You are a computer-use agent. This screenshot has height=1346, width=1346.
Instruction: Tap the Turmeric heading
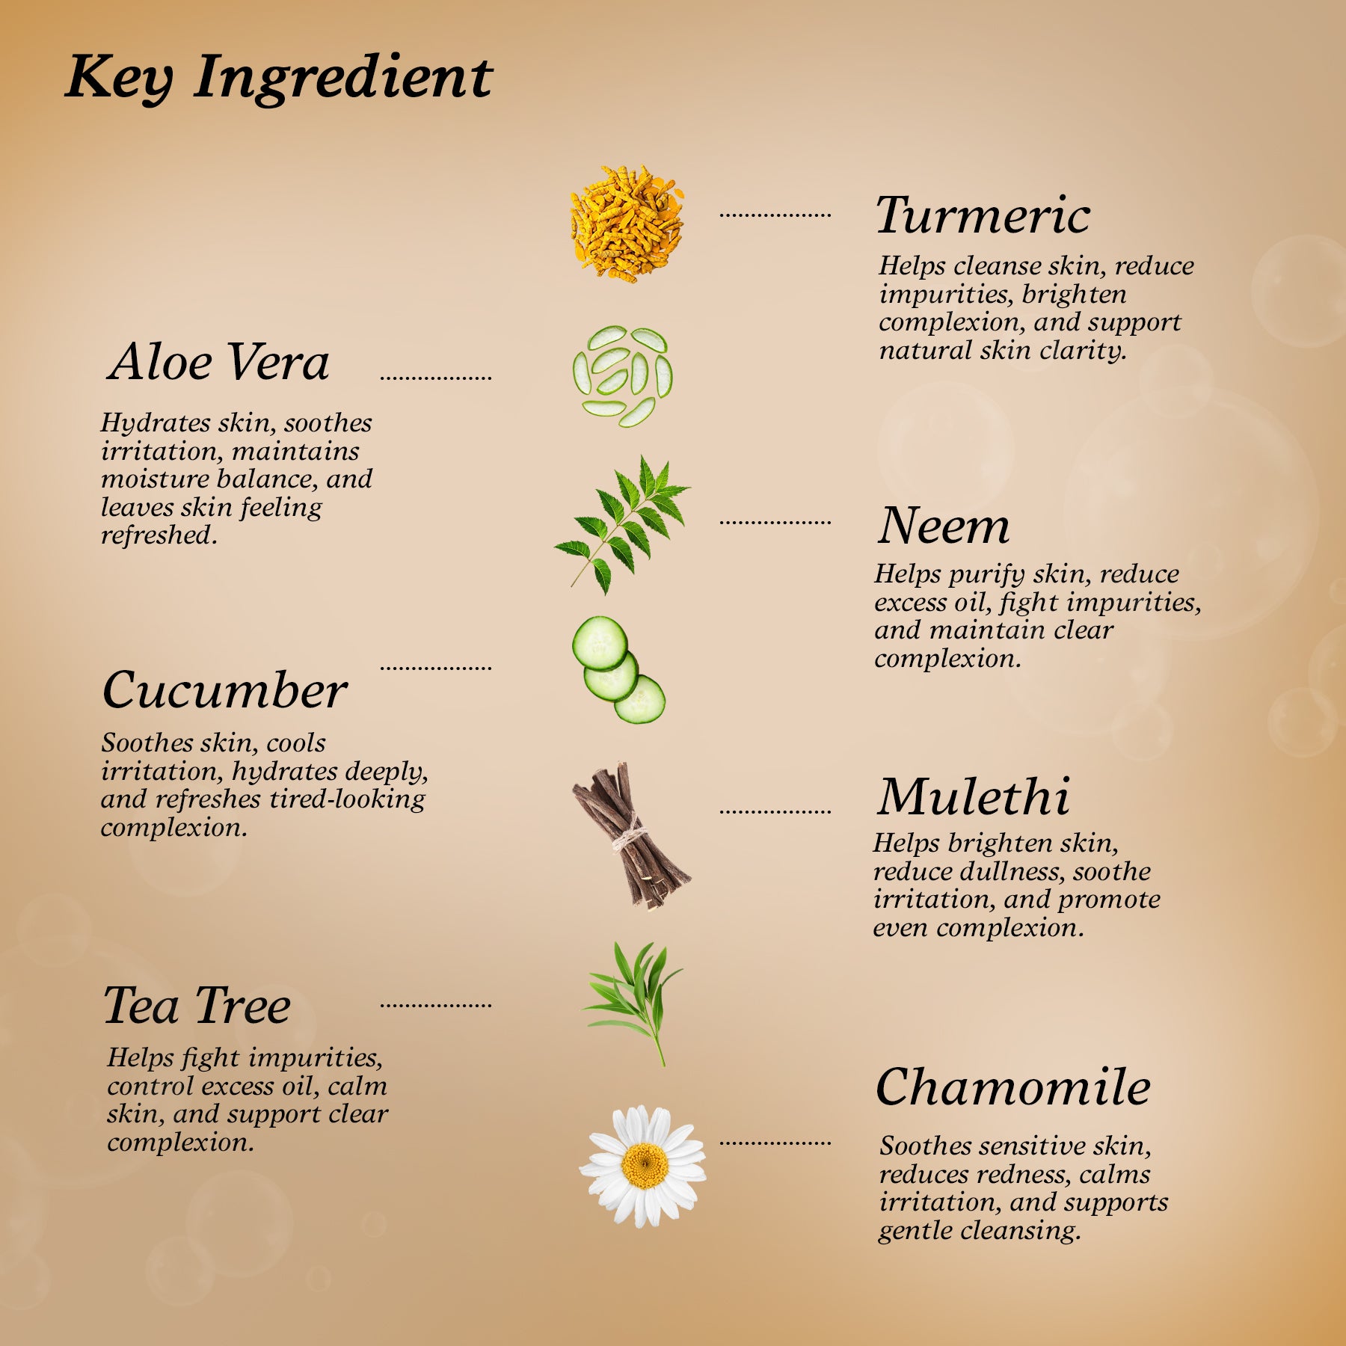tap(983, 215)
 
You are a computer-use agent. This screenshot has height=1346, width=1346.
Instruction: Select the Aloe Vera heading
tap(218, 362)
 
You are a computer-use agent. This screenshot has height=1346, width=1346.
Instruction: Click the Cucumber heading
tap(224, 689)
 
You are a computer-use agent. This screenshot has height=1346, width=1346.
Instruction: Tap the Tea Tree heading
tap(197, 1005)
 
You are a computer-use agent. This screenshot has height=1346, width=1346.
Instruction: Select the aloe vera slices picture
tap(622, 376)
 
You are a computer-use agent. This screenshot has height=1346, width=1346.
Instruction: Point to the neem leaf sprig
tap(622, 526)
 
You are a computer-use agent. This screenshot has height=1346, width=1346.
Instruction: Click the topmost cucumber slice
tap(600, 643)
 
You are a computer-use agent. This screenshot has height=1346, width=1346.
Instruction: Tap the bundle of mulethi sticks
tap(630, 835)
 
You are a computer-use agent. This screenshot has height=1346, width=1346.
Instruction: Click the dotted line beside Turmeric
tap(775, 215)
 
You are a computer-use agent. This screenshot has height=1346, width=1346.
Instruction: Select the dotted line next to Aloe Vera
tap(436, 378)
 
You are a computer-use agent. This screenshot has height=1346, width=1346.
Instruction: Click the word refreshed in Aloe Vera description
tap(159, 535)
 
